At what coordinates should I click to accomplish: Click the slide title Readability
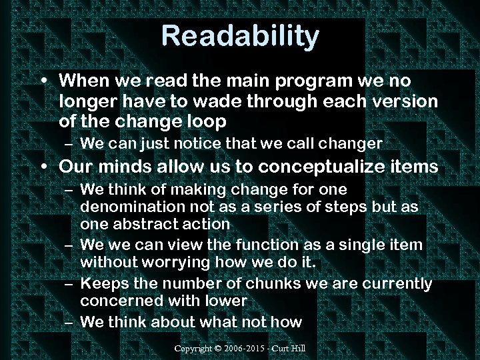click(x=240, y=36)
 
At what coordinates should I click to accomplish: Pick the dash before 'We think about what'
click(x=68, y=323)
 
